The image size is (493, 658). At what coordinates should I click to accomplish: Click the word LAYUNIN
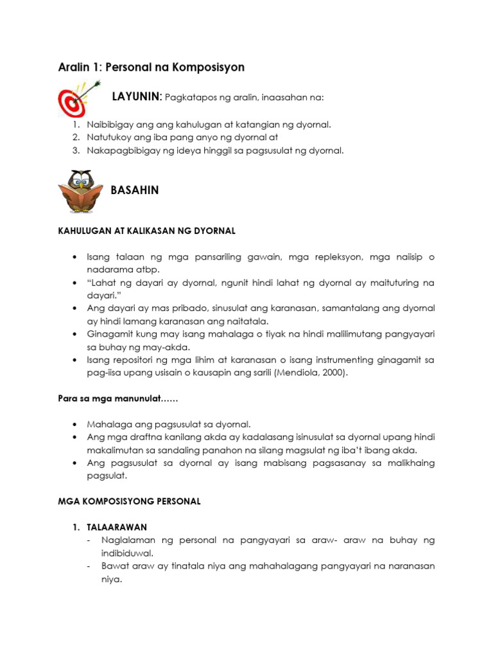point(136,97)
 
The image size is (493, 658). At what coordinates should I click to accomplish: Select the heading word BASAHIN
point(135,190)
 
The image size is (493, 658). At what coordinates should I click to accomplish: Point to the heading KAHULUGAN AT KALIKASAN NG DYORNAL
point(147,230)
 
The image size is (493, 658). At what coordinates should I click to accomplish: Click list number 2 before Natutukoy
point(75,138)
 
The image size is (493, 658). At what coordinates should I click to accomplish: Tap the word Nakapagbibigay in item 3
point(117,151)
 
